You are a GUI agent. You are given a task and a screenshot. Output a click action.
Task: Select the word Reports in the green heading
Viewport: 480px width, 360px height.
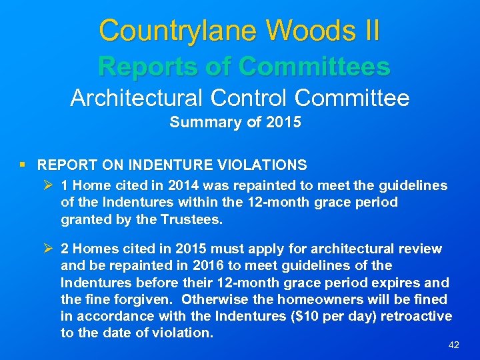tap(146, 66)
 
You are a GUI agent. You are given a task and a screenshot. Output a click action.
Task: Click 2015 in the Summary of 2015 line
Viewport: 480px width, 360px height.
tap(283, 123)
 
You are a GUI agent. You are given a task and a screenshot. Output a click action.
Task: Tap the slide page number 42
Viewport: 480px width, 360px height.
tap(453, 345)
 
